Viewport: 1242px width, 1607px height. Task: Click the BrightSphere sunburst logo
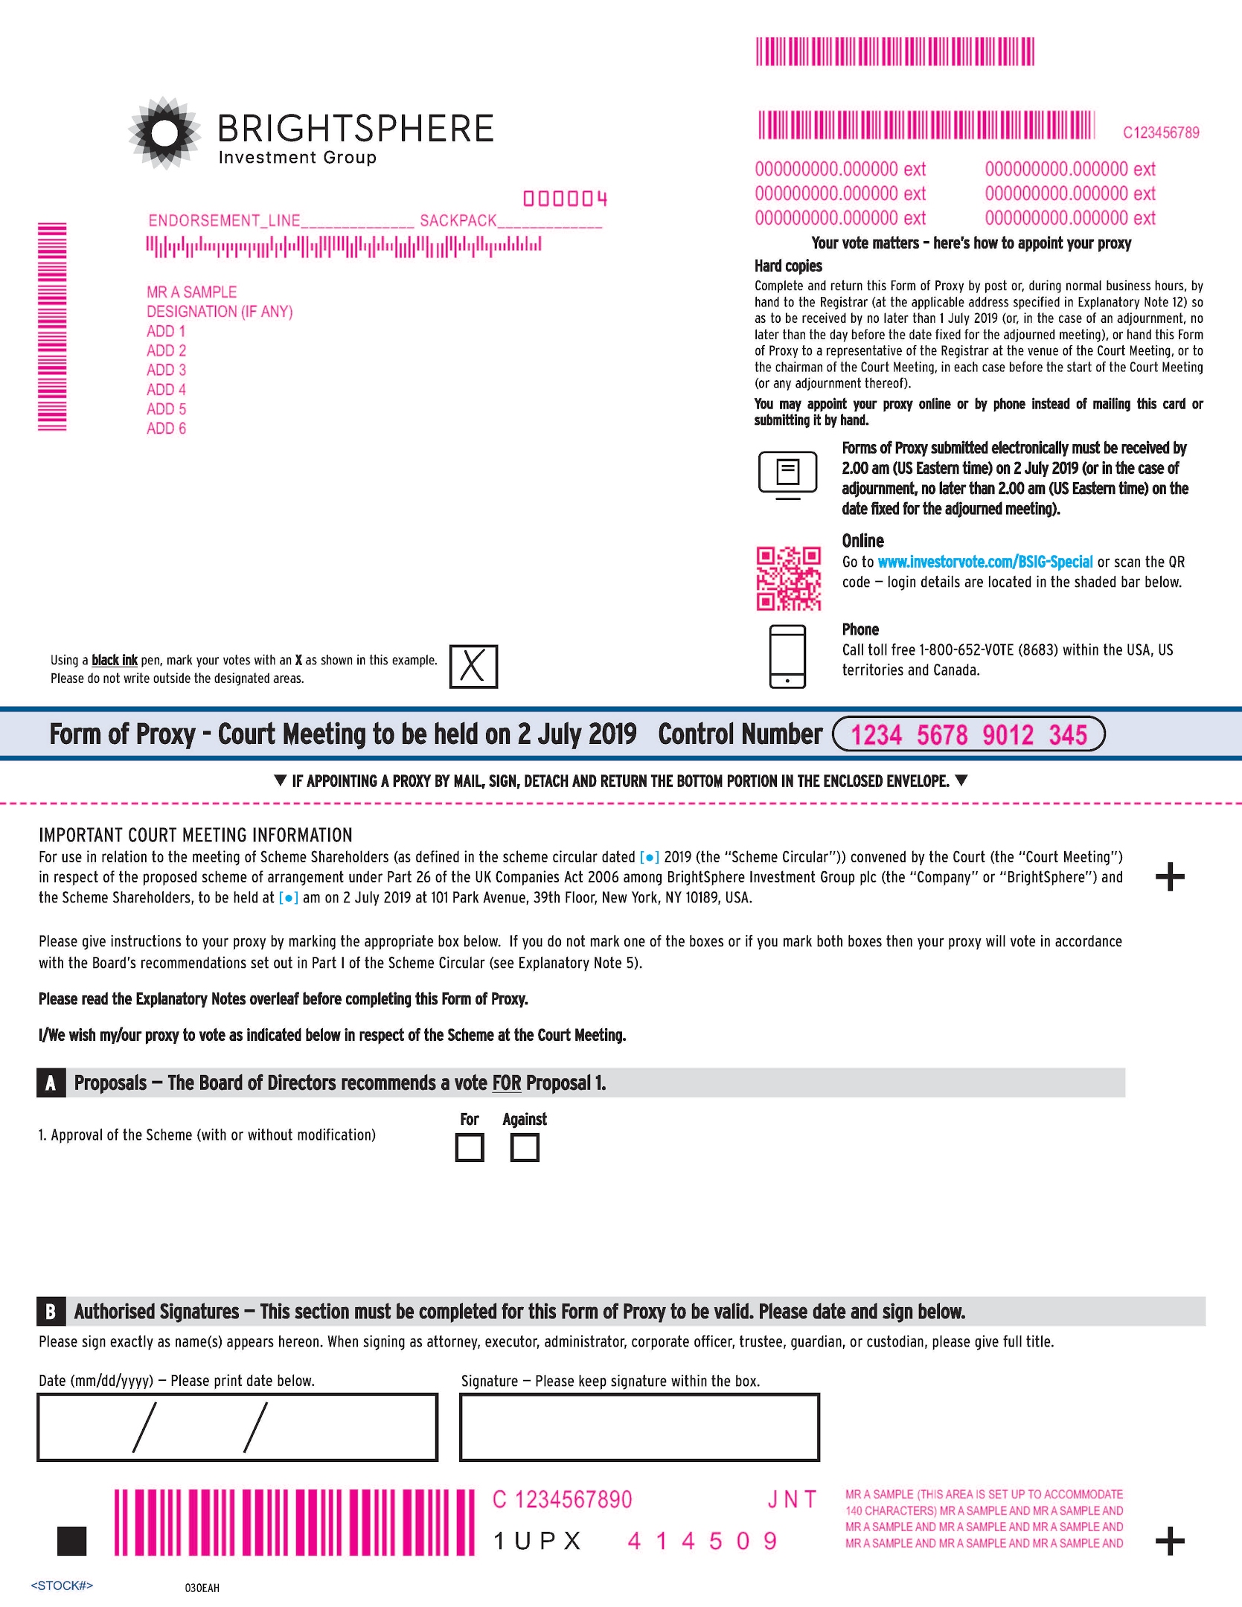click(x=164, y=133)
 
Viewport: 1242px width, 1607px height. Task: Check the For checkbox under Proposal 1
click(x=469, y=1147)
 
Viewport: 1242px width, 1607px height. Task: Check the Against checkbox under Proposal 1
click(x=525, y=1147)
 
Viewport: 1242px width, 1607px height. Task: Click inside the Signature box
click(x=639, y=1427)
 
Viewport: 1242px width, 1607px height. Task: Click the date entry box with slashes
click(x=237, y=1427)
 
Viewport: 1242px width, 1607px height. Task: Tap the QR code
click(x=788, y=579)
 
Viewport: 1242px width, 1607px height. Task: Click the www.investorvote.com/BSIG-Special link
click(x=985, y=562)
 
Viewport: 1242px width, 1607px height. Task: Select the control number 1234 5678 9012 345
click(x=968, y=735)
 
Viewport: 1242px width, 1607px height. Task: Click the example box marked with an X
click(x=473, y=667)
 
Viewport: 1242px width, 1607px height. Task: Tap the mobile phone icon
click(x=787, y=656)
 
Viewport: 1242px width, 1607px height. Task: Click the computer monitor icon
click(x=787, y=474)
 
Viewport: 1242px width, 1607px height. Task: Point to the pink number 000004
click(x=565, y=199)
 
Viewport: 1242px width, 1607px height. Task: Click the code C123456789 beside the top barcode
click(x=1161, y=133)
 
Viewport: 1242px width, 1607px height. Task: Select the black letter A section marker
click(x=50, y=1083)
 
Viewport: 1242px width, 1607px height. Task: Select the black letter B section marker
click(x=50, y=1312)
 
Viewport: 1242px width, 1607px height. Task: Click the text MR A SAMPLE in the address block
click(x=191, y=292)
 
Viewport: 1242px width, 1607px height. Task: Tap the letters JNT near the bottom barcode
click(x=792, y=1499)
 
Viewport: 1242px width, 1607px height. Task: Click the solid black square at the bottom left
click(x=71, y=1541)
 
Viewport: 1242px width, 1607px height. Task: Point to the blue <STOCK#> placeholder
click(x=62, y=1585)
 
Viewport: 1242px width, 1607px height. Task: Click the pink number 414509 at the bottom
click(x=702, y=1541)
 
